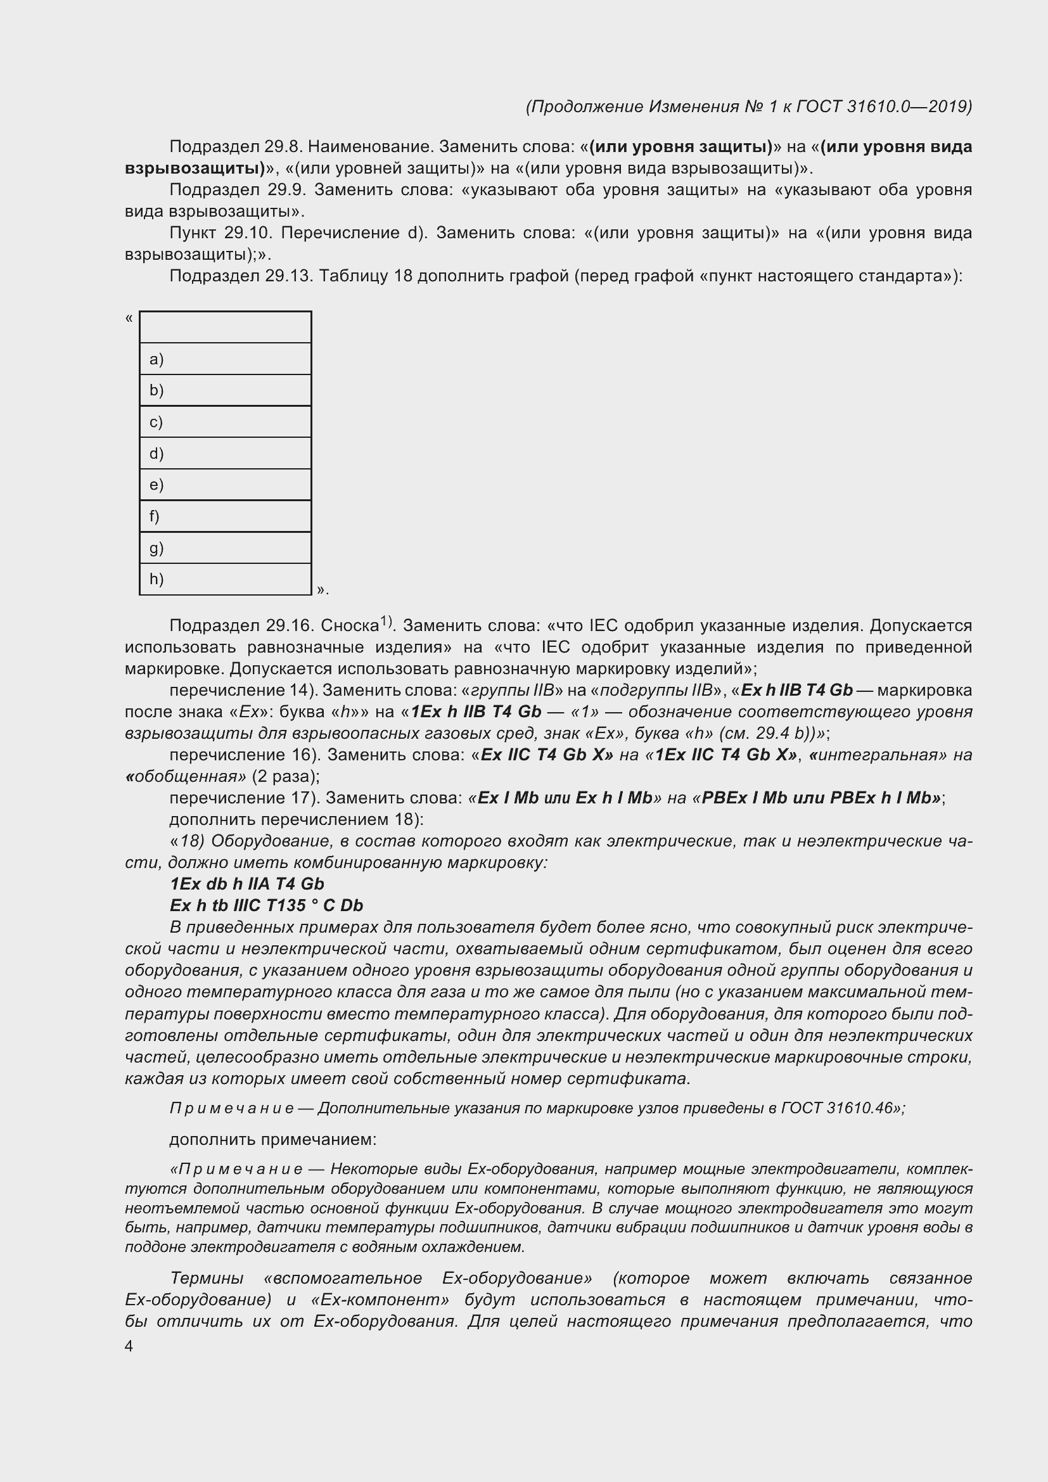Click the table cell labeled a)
point(225,359)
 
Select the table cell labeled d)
point(225,453)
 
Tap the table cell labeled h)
point(225,579)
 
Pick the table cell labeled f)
point(225,516)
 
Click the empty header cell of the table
point(225,326)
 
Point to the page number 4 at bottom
point(129,1346)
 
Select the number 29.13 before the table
point(288,276)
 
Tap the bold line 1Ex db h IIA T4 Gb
point(246,884)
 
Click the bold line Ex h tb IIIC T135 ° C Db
point(267,905)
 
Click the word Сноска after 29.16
point(349,626)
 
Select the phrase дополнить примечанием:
point(272,1139)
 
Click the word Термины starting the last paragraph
point(207,1278)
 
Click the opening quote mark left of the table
point(129,317)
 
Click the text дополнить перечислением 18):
point(296,819)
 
